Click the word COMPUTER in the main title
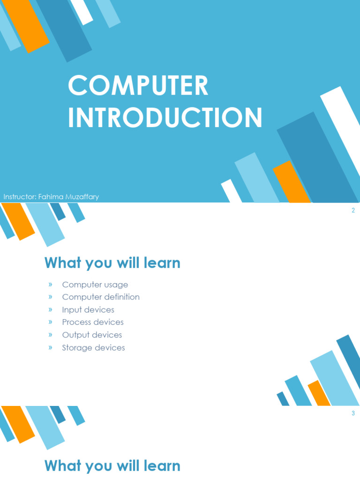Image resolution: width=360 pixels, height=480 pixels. click(138, 85)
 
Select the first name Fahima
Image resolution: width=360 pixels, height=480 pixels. click(51, 196)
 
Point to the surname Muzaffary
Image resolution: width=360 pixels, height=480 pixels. click(82, 197)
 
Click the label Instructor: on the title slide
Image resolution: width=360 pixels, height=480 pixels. click(20, 196)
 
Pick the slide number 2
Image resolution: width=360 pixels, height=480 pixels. click(353, 210)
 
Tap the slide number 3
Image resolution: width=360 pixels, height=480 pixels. click(353, 413)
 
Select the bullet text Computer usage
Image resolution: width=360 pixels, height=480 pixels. click(95, 285)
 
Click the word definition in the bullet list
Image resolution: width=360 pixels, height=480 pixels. click(122, 297)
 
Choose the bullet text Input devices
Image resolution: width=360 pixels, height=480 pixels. click(88, 310)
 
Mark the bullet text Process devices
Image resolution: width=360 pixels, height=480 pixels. click(93, 322)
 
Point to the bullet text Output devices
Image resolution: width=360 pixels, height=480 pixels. click(92, 335)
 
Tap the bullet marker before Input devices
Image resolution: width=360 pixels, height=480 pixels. click(50, 309)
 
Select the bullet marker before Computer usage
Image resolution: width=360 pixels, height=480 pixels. click(50, 285)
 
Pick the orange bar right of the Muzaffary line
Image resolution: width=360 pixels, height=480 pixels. click(292, 182)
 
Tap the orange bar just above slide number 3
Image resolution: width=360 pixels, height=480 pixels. click(319, 393)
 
